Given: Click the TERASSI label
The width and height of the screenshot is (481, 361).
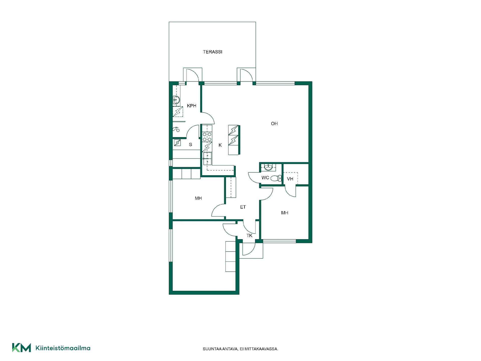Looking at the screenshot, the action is [x=212, y=52].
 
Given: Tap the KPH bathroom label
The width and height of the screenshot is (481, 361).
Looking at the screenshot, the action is [x=192, y=106].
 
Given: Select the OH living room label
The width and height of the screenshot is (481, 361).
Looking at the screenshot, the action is [x=274, y=124].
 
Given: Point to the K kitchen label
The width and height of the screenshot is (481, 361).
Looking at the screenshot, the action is [x=220, y=145].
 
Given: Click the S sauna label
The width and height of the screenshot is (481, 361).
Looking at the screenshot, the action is [x=191, y=145].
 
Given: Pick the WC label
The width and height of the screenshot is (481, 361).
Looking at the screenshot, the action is [x=265, y=178].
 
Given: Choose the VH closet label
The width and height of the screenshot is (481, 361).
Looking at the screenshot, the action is [x=290, y=179].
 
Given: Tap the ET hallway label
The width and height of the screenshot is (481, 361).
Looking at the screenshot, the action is [x=243, y=207].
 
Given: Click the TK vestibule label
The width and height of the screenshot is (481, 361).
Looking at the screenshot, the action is [x=249, y=236].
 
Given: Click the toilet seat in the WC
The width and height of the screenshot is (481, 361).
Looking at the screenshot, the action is [x=276, y=178].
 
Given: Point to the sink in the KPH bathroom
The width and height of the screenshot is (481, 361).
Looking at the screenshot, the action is [x=176, y=100].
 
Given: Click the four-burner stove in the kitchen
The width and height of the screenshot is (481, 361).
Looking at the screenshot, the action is [x=207, y=137].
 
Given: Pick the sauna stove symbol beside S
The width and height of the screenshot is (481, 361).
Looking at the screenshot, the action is [x=177, y=143].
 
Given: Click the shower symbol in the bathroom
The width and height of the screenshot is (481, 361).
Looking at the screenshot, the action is [x=176, y=129].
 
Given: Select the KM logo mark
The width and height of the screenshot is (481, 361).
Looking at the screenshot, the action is [x=22, y=348].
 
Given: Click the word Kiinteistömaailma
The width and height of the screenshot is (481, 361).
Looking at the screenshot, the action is [x=63, y=348].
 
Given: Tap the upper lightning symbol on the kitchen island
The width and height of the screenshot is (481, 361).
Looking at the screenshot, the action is [x=234, y=130].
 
